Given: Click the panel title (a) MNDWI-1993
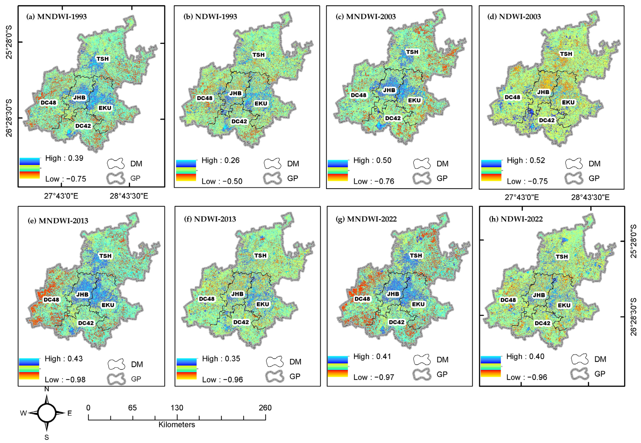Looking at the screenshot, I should pos(56,17).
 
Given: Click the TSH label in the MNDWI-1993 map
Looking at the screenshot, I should pos(102,59).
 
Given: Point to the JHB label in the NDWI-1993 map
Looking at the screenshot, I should pos(235,93).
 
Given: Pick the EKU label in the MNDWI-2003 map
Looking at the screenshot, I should pos(414,100).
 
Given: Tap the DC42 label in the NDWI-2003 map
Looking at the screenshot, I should pos(547,120).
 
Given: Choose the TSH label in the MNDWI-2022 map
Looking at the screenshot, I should pos(416,255).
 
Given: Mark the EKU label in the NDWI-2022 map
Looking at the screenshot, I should pos(564,305).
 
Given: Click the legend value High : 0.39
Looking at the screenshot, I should pos(64,158).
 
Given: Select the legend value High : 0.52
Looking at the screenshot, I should pos(526,160).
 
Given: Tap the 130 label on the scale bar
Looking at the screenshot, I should pos(177,408).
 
